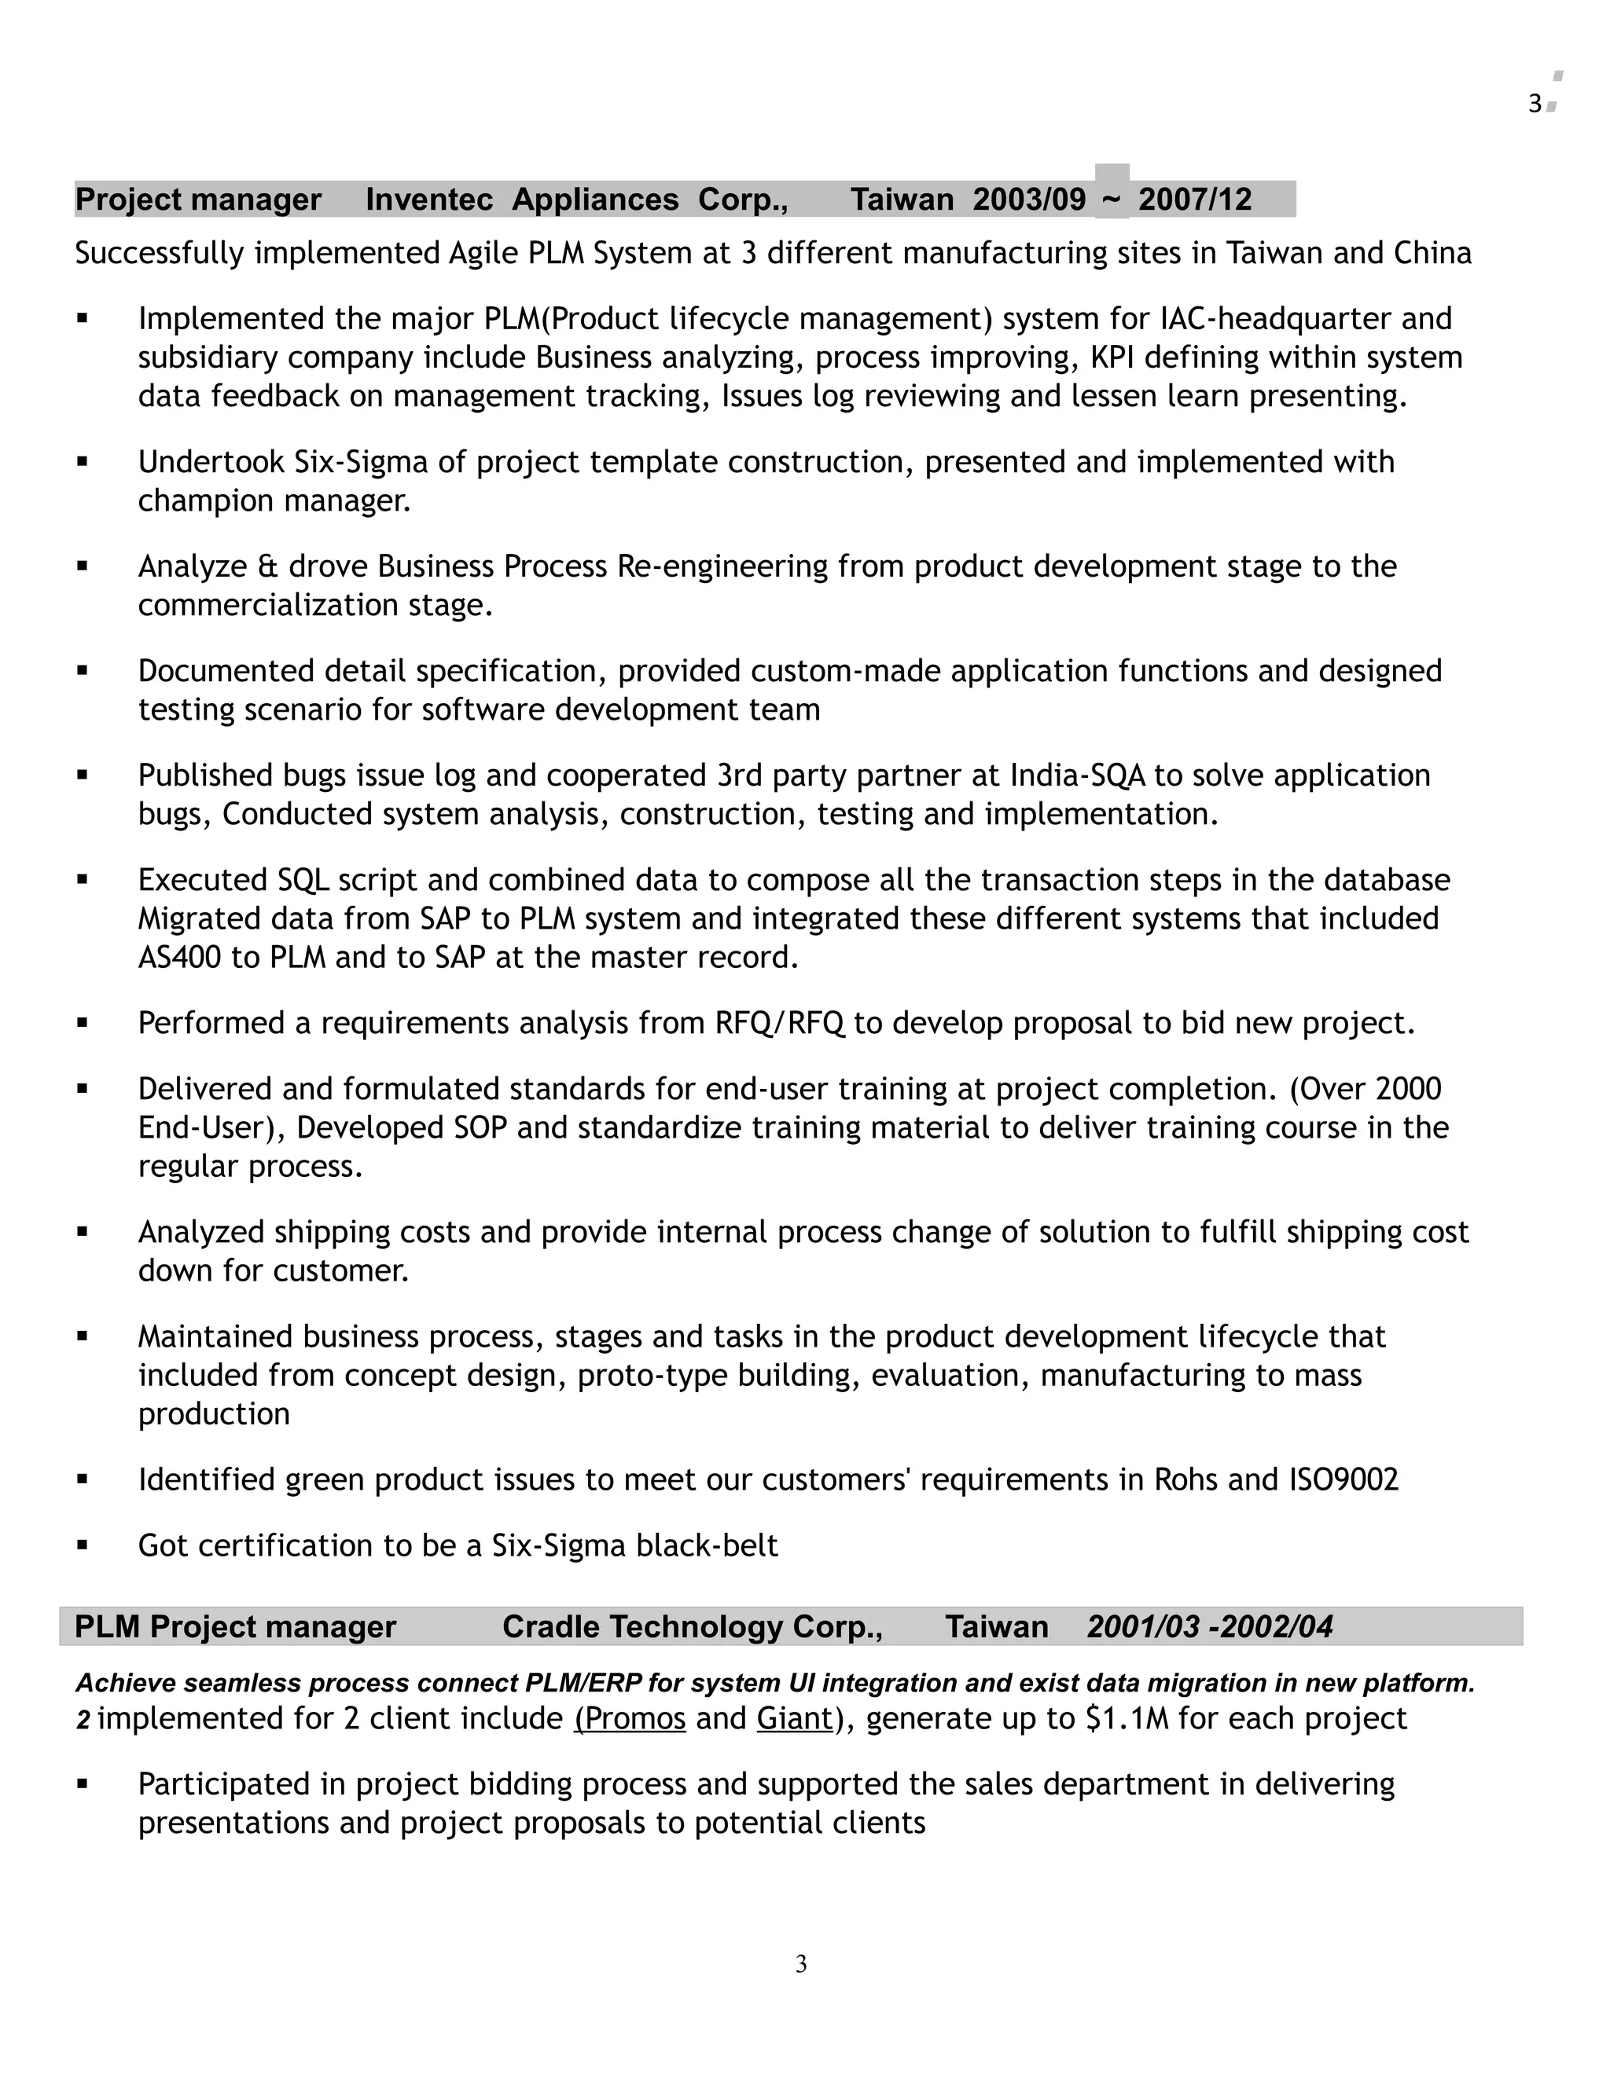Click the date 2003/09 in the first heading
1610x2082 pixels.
tap(1029, 200)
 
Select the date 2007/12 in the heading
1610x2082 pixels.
tap(1194, 200)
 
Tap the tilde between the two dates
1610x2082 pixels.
tap(1111, 200)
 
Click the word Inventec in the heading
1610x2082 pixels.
tap(429, 200)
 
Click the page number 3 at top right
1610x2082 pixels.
tap(1535, 104)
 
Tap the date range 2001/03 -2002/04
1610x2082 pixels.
tap(1209, 1626)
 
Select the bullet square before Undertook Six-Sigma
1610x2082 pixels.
tap(83, 462)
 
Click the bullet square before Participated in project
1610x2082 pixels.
tap(83, 1784)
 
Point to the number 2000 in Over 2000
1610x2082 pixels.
tap(1409, 1089)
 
